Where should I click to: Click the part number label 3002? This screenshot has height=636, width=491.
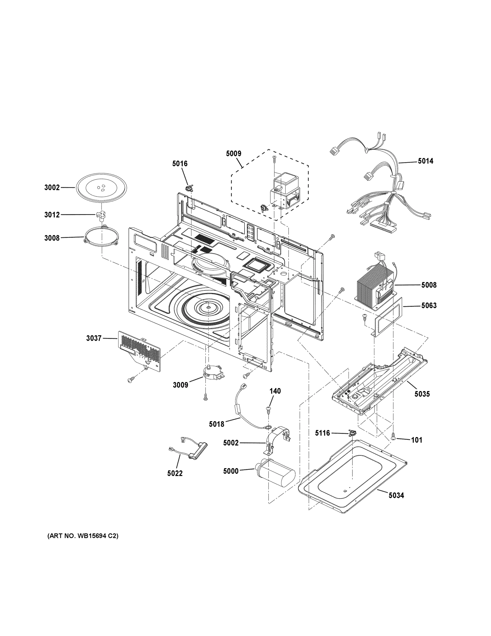[52, 188]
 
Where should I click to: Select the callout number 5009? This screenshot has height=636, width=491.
[233, 153]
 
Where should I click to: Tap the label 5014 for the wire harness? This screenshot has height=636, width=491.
[425, 161]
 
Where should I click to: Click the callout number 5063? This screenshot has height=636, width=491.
[429, 306]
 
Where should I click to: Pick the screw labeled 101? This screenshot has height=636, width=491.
[393, 444]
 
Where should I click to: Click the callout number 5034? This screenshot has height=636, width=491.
[396, 495]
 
